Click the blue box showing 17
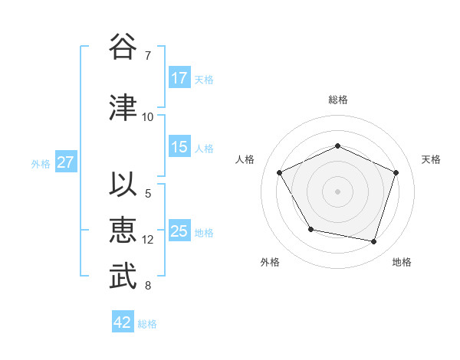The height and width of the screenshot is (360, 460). pos(179,78)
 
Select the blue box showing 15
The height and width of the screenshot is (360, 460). pos(179,147)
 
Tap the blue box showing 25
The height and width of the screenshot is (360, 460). pos(179,231)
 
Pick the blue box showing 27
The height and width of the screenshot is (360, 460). pos(65,162)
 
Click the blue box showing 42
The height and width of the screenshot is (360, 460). pos(123,322)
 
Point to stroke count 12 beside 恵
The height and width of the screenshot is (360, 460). pos(148,240)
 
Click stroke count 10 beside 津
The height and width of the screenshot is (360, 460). pos(148,117)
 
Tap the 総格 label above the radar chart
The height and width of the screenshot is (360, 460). pos(338,100)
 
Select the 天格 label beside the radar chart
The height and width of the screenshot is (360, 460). pos(432,159)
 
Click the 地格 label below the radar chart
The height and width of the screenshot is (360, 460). pos(402,262)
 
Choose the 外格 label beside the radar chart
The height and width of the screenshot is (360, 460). pos(270,262)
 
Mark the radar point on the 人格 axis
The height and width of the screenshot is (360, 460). pos(280,172)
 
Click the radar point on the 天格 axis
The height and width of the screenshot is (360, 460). pos(396,172)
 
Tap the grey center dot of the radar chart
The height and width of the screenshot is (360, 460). pos(338,191)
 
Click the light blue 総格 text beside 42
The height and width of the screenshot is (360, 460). pos(147,324)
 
